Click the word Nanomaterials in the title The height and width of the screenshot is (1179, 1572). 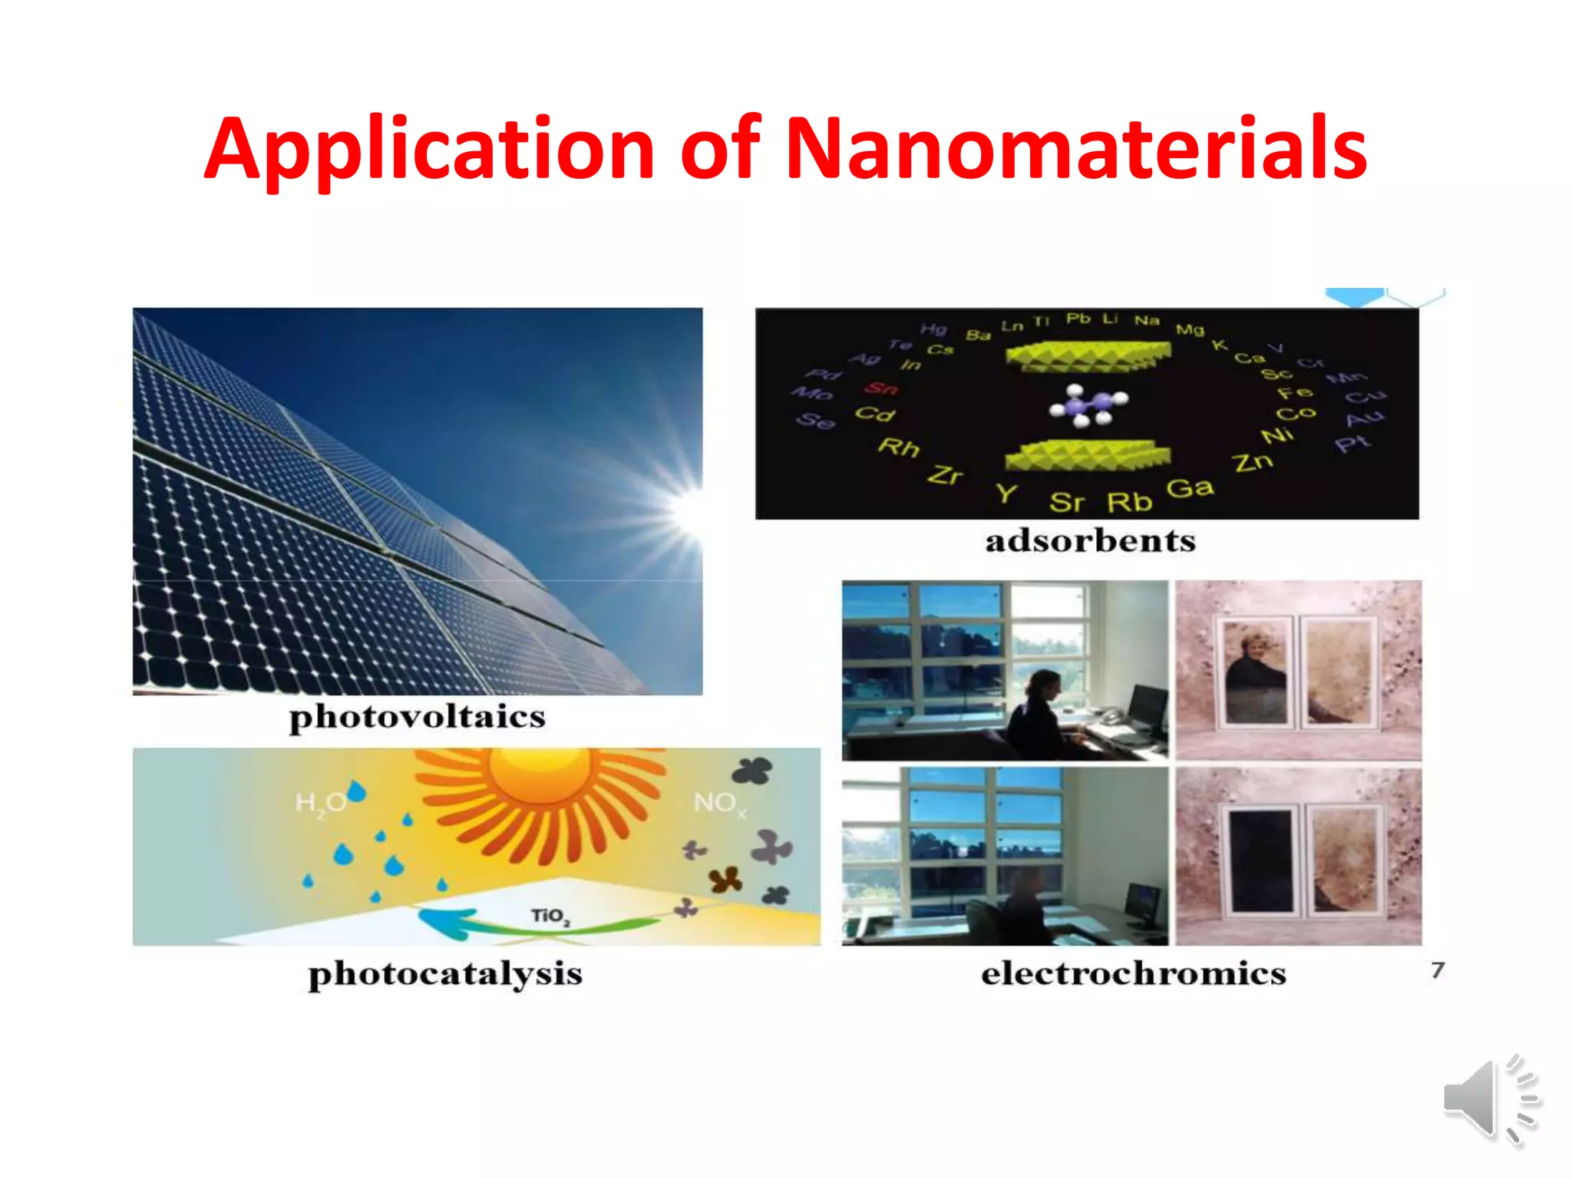coord(1075,147)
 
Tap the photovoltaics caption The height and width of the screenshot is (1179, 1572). coord(417,717)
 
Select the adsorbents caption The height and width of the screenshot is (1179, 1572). coord(1090,540)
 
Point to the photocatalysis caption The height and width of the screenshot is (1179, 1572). coord(445,973)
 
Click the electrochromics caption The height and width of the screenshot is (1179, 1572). coord(1133,973)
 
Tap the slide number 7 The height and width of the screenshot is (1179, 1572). coord(1438,970)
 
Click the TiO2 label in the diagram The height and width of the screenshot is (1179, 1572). coord(550,916)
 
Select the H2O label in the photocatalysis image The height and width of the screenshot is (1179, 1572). coord(321,803)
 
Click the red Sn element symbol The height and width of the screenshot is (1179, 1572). coord(881,388)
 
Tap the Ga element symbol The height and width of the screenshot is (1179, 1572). coord(1190,488)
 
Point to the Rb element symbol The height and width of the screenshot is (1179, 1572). coord(1129,502)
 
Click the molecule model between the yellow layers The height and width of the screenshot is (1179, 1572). coord(1088,405)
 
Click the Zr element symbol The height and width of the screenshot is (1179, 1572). coord(944,475)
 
